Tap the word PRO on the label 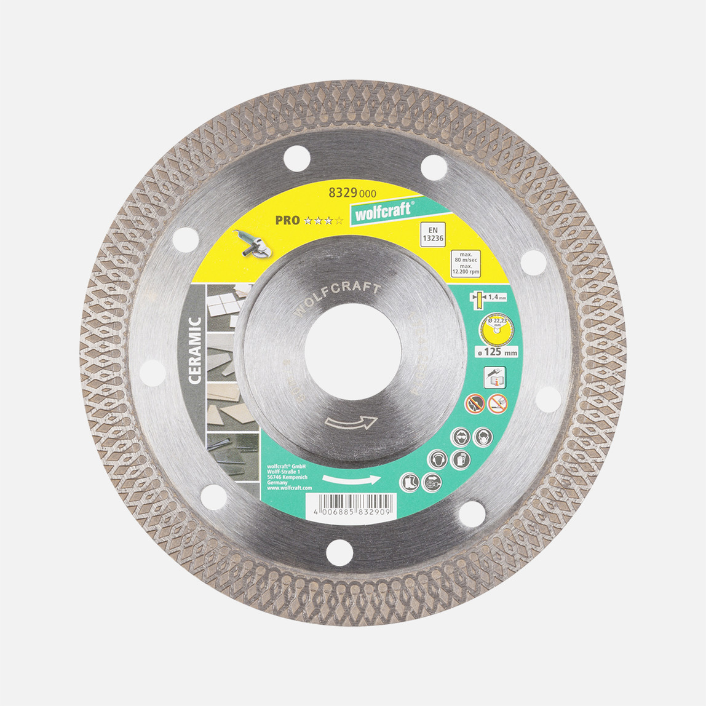click(287, 220)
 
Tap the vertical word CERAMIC click(194, 349)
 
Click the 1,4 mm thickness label click(486, 297)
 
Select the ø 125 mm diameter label click(499, 353)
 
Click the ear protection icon click(437, 459)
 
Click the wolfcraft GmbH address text click(287, 476)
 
